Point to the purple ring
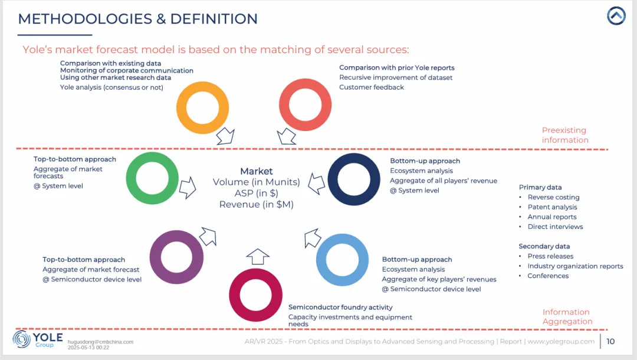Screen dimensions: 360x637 176,257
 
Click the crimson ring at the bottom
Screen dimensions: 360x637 255,294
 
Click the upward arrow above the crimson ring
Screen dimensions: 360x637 257,257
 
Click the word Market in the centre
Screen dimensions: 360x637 257,171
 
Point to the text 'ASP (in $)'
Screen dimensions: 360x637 257,193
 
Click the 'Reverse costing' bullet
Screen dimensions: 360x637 553,197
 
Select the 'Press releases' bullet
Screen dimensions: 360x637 550,256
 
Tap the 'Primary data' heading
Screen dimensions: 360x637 540,187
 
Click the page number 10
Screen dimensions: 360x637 610,341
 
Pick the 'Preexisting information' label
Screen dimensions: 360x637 565,135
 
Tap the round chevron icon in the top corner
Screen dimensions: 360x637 616,16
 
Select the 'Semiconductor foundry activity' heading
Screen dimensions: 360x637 340,307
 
